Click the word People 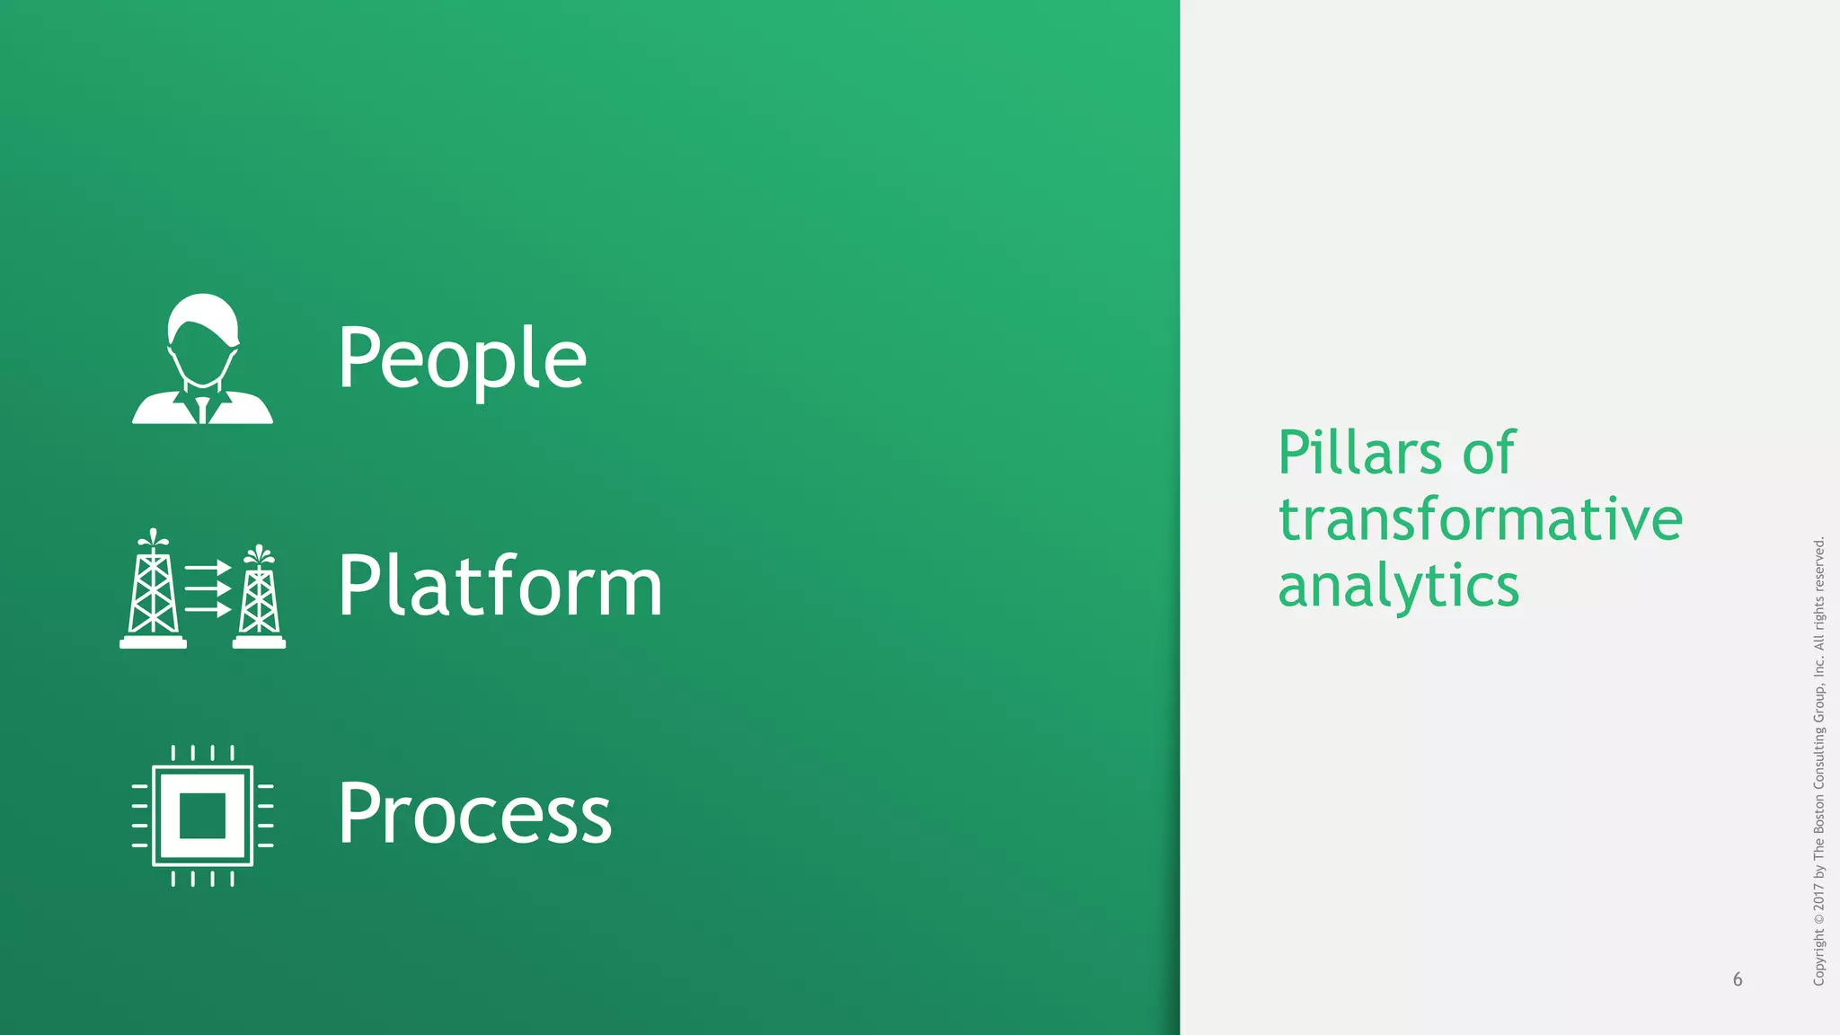(x=462, y=358)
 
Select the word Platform (x=500, y=586)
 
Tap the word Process (x=474, y=814)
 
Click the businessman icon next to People (x=202, y=359)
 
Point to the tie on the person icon (x=202, y=409)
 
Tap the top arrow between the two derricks (x=208, y=569)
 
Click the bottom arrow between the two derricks (x=208, y=610)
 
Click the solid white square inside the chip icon (x=202, y=816)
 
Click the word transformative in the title (x=1480, y=519)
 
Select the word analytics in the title (x=1398, y=586)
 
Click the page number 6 (x=1738, y=979)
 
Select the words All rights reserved (x=1818, y=593)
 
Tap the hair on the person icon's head (x=204, y=310)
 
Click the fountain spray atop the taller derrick (x=153, y=537)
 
